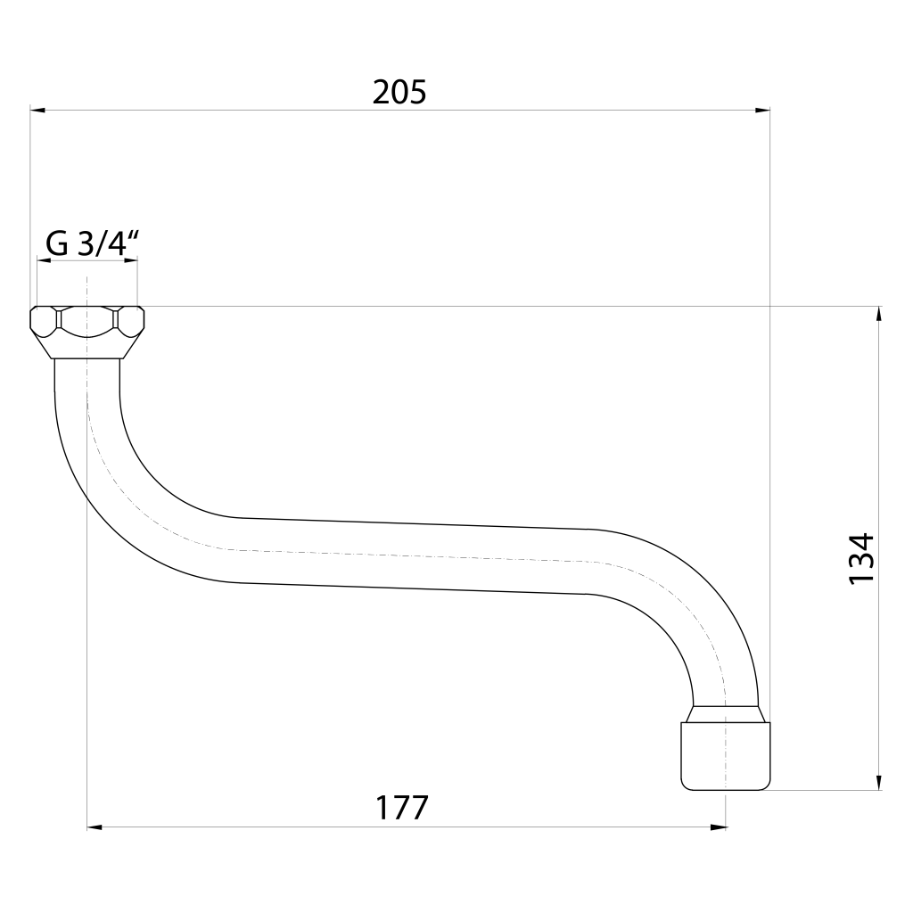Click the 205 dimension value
[399, 93]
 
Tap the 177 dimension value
[402, 808]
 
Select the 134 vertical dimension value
[862, 558]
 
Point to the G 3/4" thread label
[92, 244]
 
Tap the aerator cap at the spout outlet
[726, 756]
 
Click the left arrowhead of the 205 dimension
[37, 110]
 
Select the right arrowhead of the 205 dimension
[763, 110]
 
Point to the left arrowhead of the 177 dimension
[95, 827]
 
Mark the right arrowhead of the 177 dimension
[719, 827]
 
